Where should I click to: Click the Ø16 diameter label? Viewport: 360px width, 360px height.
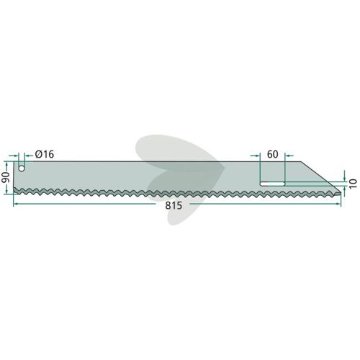(x=45, y=154)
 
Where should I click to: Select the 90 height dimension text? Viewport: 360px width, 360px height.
(x=6, y=177)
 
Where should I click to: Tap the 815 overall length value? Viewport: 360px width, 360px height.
(x=174, y=206)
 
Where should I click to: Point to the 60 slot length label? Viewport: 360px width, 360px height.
(x=272, y=154)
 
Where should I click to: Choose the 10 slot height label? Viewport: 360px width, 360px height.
(x=353, y=184)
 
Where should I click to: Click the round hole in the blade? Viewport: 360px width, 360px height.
(x=22, y=168)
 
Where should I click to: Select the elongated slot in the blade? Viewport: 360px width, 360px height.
(x=272, y=184)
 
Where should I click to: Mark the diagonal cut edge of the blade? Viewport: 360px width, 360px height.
(x=321, y=176)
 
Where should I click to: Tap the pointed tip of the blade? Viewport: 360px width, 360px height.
(x=341, y=192)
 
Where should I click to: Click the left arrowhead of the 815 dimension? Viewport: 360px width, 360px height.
(x=15, y=204)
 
